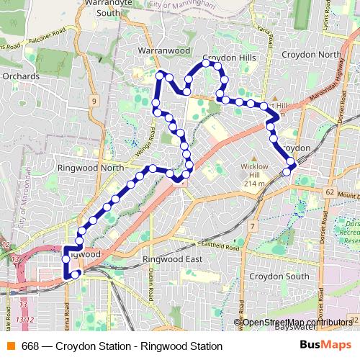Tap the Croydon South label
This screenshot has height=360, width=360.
point(278,276)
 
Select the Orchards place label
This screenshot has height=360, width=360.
point(19,75)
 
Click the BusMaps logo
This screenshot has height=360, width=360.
point(321,345)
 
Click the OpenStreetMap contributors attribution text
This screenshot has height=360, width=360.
point(297,322)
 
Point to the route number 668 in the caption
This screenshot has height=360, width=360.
point(30,346)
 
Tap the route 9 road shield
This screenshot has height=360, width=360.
point(94,102)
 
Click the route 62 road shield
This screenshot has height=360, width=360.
point(329,192)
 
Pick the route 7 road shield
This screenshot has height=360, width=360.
point(253,227)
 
